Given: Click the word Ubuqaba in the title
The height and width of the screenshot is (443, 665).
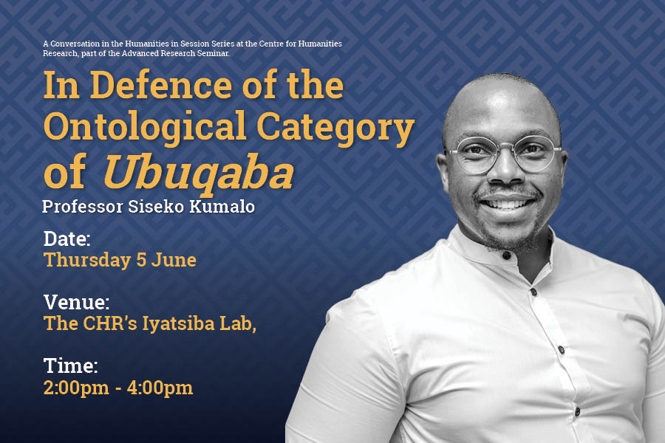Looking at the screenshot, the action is coord(199,173).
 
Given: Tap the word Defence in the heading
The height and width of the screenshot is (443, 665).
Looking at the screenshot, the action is coord(161,85).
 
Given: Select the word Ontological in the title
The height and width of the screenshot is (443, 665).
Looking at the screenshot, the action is coord(145,126).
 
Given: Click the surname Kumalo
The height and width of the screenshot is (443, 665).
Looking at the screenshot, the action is coord(222,207).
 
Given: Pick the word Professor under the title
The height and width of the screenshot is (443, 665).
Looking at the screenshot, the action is coord(83,207).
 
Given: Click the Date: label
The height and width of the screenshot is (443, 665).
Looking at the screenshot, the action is coord(67,238).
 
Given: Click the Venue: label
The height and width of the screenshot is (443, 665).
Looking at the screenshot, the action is coord(76,302).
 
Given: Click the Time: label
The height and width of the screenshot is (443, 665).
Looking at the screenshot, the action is coord(70,365).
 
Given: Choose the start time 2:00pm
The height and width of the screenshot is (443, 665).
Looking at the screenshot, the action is coord(76,388).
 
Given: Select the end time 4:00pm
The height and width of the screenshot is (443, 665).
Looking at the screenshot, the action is coord(160,388).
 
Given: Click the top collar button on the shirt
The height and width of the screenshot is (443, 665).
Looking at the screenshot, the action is coord(506,255).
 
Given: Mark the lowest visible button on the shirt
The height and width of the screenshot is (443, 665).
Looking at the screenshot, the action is coord(577,411).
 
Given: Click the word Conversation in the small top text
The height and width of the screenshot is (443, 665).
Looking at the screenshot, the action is coord(75,44).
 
